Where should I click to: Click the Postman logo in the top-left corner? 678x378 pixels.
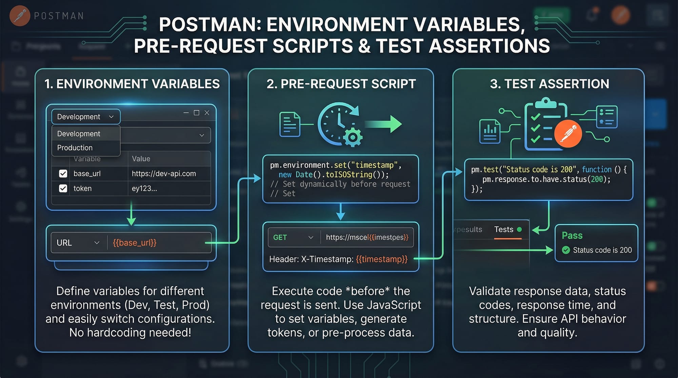[20, 16]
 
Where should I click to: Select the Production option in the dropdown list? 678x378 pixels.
[75, 148]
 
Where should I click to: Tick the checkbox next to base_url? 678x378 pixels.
[63, 174]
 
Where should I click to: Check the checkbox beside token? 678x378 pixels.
[63, 188]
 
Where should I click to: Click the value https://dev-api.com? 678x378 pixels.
[164, 174]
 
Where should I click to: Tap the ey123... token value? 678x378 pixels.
[144, 189]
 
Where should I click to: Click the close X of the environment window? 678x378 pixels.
[207, 113]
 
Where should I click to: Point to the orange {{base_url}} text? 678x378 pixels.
[135, 243]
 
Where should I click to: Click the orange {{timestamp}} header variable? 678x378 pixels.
[382, 259]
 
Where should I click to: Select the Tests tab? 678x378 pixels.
[504, 230]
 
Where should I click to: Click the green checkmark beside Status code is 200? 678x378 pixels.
[566, 250]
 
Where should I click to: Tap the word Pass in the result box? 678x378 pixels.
[572, 235]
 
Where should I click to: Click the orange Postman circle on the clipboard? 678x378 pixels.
[568, 133]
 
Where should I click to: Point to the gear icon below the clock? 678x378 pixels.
[353, 137]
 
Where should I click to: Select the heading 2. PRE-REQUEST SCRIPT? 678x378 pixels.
[341, 84]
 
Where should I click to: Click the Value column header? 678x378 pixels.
[141, 159]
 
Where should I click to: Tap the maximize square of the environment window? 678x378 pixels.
[196, 113]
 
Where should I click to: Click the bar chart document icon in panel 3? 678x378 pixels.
[490, 131]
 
